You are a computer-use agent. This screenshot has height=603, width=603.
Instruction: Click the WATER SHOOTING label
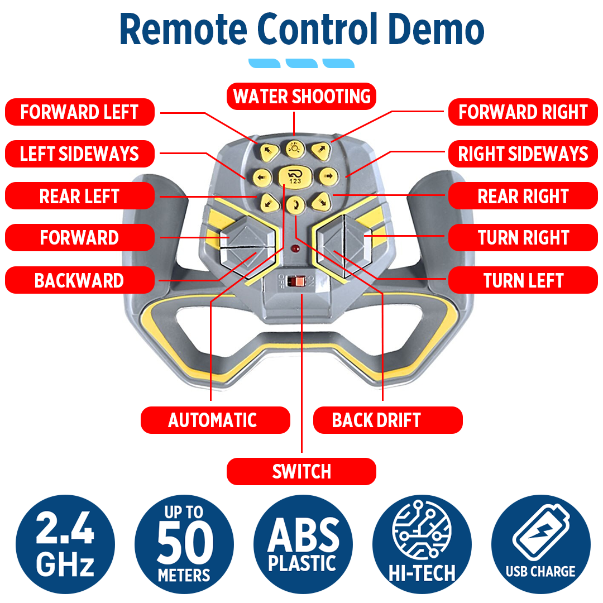[x=301, y=96]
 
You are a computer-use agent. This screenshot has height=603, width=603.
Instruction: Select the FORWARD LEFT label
[x=79, y=112]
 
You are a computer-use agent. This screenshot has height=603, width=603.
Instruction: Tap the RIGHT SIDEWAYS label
[x=523, y=154]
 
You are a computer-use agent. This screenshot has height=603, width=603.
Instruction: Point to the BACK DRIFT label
[x=376, y=420]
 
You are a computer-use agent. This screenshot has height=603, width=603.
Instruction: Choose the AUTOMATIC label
[x=213, y=420]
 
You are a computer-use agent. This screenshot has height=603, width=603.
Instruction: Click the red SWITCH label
[x=301, y=471]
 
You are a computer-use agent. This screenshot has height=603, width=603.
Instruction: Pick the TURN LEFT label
[x=523, y=280]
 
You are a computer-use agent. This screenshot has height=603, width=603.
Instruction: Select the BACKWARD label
[x=79, y=280]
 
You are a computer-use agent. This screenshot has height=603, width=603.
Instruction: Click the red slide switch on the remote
[x=300, y=281]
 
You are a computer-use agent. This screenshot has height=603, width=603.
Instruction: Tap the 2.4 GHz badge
[x=65, y=545]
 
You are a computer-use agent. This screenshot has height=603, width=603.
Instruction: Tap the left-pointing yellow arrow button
[x=261, y=178]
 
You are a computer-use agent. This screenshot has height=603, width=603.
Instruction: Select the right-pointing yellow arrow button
[x=328, y=177]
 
